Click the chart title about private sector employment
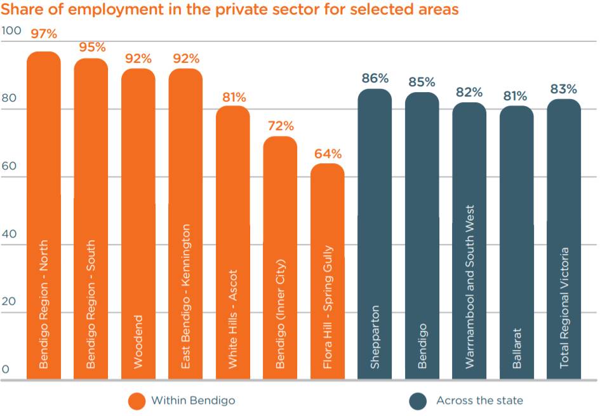coord(229,10)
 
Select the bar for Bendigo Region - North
coord(44,216)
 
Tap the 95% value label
coord(91,47)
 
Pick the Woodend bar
coord(138,222)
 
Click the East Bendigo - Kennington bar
coord(185,222)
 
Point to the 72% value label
coord(280,126)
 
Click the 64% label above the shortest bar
coord(328,154)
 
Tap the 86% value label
coord(375,78)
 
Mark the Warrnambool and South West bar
coord(469,241)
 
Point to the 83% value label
coord(564,89)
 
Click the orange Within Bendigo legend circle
coord(137,401)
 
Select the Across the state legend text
coord(479,401)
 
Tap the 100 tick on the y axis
coord(11,30)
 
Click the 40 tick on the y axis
coord(10,234)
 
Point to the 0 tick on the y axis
coord(6,369)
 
